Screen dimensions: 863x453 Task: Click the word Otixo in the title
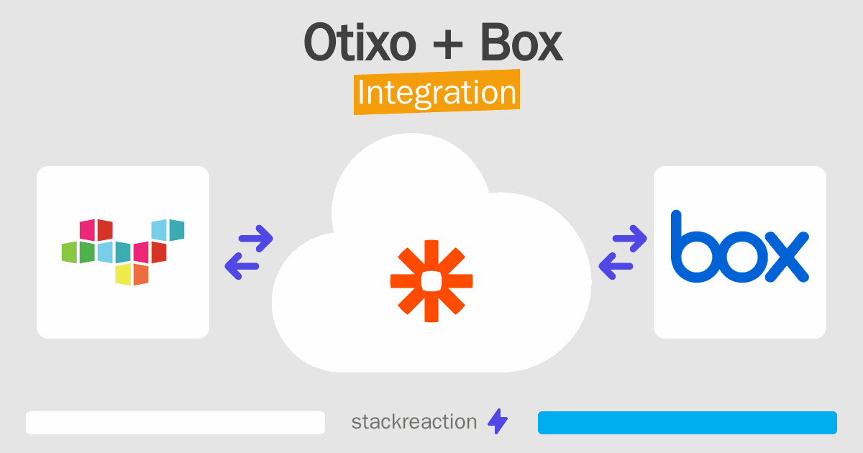tap(360, 42)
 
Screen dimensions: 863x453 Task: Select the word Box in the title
tap(522, 42)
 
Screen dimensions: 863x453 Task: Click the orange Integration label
tap(437, 92)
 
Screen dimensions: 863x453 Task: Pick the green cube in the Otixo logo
tap(78, 252)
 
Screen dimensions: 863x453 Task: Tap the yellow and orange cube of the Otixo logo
tap(132, 274)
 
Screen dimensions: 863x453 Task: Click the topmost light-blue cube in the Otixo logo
tap(168, 230)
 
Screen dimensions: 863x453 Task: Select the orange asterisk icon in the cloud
tap(431, 281)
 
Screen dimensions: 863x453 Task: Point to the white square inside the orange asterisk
tap(431, 281)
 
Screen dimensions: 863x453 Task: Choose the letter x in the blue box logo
tap(787, 257)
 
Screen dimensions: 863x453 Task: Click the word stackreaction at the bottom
tap(414, 422)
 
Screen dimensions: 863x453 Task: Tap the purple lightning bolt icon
tap(498, 421)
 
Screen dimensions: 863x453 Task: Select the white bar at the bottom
tap(175, 423)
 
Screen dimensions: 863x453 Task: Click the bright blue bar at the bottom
tap(688, 423)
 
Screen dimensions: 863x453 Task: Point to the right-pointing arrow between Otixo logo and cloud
tap(256, 239)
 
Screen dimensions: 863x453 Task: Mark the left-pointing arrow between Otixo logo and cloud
tap(242, 266)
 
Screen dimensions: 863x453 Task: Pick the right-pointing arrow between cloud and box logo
tap(629, 239)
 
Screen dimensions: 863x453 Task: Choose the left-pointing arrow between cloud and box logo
tap(616, 266)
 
